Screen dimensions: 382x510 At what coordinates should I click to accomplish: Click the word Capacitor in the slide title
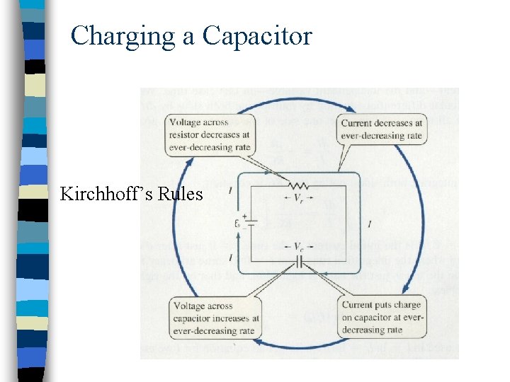click(x=257, y=35)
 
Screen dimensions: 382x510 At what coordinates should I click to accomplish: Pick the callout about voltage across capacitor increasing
click(x=214, y=317)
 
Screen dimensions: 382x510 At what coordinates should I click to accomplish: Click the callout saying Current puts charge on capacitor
click(x=382, y=317)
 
